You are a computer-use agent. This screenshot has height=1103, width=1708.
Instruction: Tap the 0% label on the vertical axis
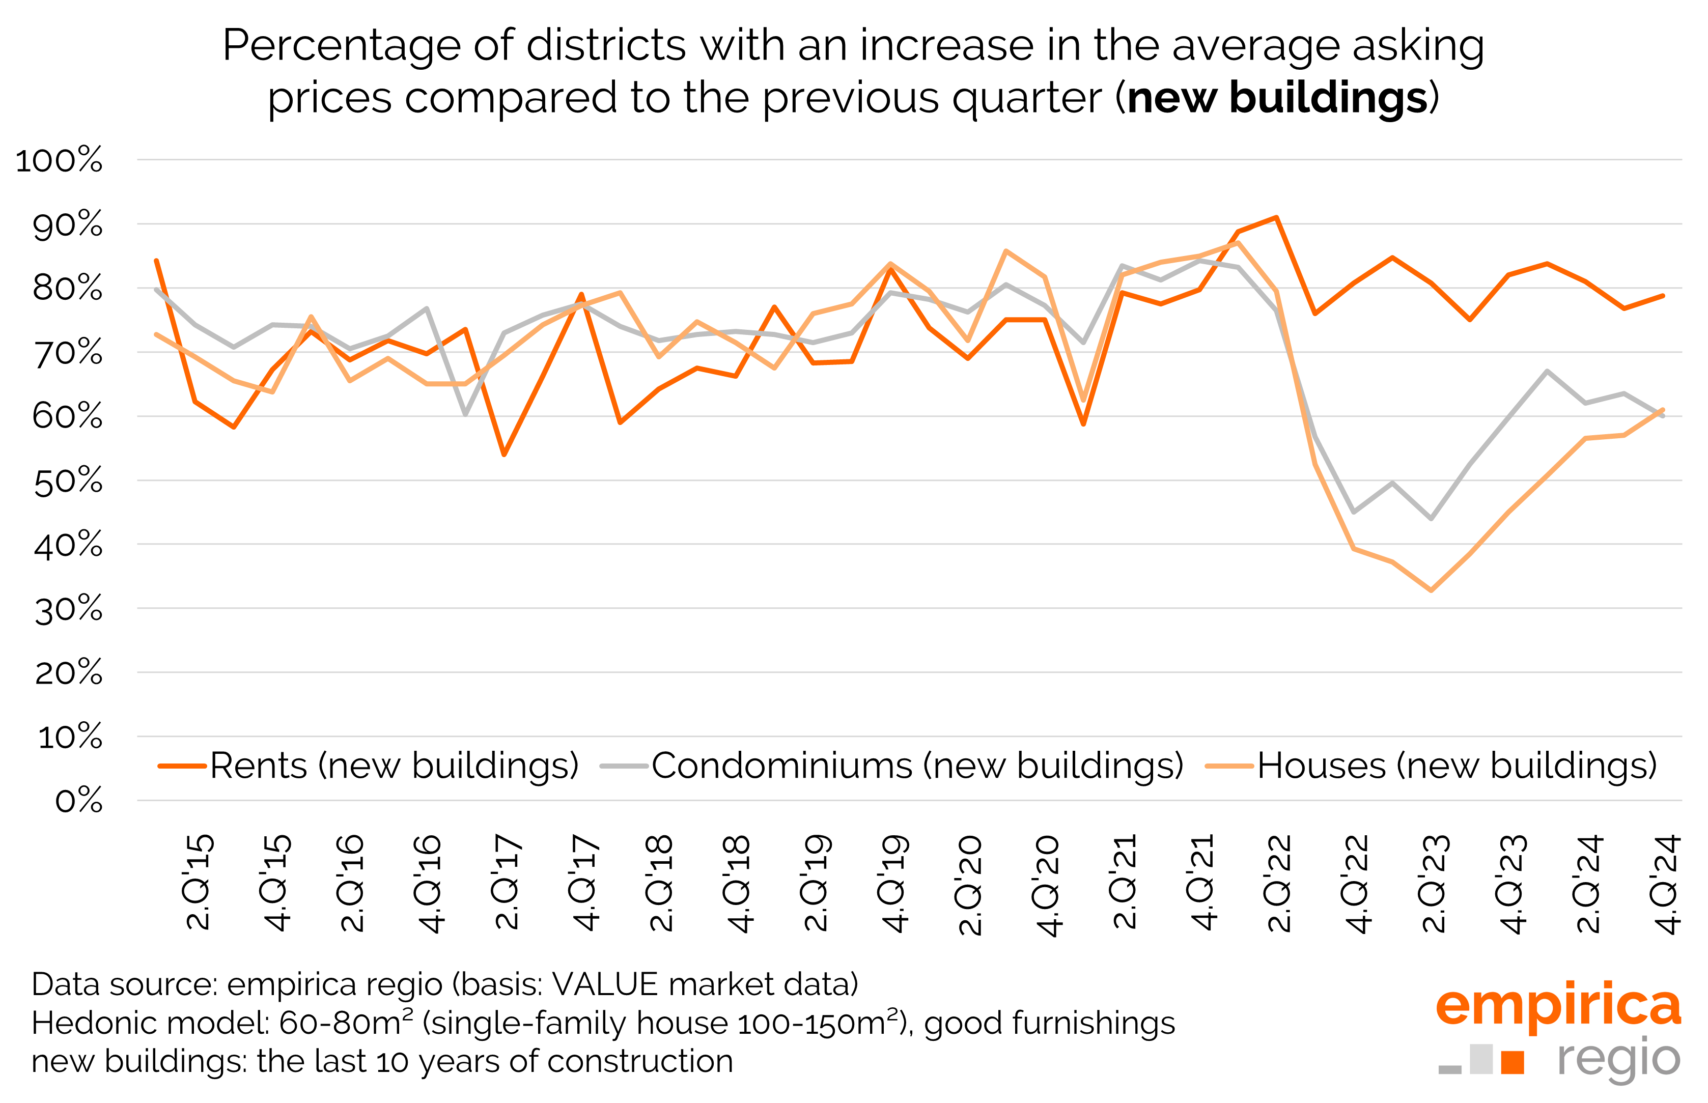coord(79,801)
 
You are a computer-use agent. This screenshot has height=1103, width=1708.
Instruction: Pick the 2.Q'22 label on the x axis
coord(1279,883)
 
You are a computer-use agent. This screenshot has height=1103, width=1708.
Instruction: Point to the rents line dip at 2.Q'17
coord(504,454)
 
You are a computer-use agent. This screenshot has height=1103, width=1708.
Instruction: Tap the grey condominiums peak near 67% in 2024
coord(1547,371)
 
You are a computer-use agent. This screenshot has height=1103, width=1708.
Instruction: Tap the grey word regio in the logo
coord(1618,1059)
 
